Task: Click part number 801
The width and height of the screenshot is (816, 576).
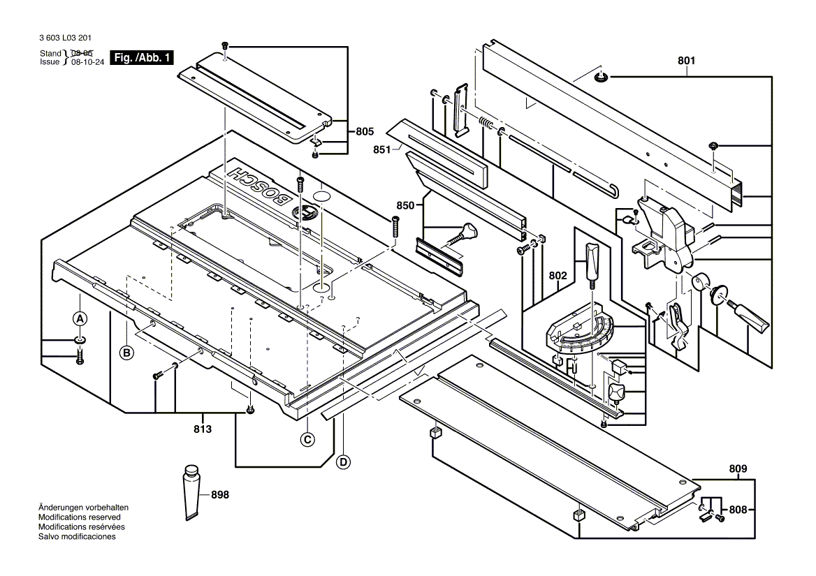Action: tap(686, 61)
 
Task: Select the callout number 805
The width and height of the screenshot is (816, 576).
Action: tap(364, 131)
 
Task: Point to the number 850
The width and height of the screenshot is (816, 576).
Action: tap(405, 205)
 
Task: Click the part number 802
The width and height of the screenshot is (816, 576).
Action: tap(558, 276)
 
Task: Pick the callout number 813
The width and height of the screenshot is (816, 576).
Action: tap(202, 429)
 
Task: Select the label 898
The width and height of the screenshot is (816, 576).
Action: tap(219, 494)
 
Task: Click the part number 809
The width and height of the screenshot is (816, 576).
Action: tap(738, 468)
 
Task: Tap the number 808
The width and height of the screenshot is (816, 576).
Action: tap(738, 509)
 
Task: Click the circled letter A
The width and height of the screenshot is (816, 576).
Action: tap(80, 318)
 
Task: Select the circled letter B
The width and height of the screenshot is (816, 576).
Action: tap(126, 353)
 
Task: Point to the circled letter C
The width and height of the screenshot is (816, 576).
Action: tap(307, 439)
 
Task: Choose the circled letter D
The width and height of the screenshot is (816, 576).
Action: tap(343, 461)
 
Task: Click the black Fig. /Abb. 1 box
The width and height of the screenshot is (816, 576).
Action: tap(142, 58)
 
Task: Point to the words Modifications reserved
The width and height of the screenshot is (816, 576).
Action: tap(80, 517)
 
